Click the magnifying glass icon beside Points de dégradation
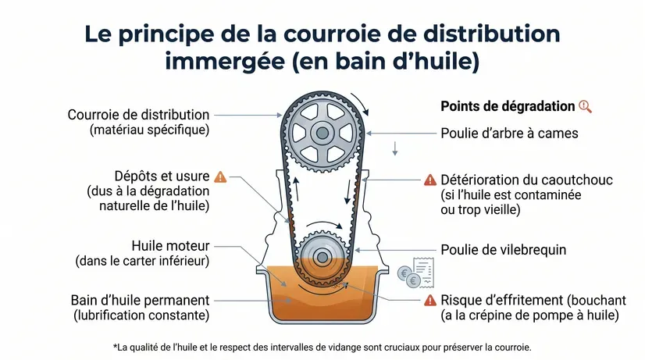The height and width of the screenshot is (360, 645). tap(586, 106)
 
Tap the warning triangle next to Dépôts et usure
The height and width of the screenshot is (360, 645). tap(220, 177)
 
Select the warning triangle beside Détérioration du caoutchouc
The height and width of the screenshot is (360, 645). tap(429, 180)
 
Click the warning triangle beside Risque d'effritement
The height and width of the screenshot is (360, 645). tap(429, 301)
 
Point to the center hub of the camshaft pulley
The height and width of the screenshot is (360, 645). tap(322, 133)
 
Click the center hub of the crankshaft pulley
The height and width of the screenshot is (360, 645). tap(322, 258)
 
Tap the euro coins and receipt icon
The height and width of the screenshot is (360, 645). tap(415, 273)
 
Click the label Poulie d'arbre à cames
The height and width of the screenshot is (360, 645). tap(509, 134)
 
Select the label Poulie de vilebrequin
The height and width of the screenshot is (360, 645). tap(503, 250)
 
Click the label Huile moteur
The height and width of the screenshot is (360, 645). tap(170, 246)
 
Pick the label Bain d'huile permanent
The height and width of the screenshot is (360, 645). tap(140, 301)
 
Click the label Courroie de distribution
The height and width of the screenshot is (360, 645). tap(138, 115)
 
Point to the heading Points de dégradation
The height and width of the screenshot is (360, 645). tap(508, 106)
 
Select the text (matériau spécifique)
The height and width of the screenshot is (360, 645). tap(150, 130)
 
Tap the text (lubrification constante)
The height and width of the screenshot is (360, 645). tap(141, 315)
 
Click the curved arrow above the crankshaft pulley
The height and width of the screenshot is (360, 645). tap(324, 223)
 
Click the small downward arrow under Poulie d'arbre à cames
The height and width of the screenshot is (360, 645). tap(395, 148)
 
